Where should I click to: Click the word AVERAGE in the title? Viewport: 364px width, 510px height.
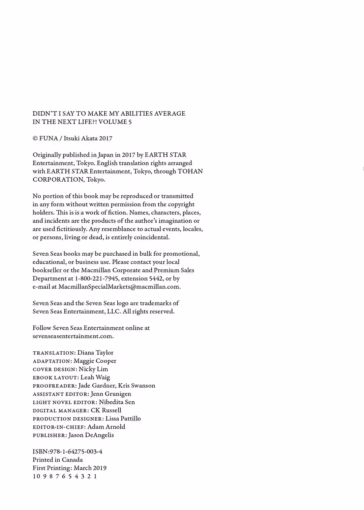click(170, 114)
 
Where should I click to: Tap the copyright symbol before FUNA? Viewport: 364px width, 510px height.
click(35, 139)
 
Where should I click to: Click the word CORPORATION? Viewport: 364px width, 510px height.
click(58, 180)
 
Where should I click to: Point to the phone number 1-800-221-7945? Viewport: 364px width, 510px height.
click(96, 279)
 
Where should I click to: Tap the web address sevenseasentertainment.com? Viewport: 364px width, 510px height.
click(73, 336)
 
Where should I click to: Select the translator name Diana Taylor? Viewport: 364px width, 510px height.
click(95, 353)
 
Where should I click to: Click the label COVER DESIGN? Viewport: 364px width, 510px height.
click(54, 369)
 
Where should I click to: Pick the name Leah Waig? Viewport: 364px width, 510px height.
click(95, 377)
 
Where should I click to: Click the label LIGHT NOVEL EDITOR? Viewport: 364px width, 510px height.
click(64, 402)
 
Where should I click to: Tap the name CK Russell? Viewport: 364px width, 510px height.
click(106, 410)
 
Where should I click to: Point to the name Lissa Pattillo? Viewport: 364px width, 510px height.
click(123, 418)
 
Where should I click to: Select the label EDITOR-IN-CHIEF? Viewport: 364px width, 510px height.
click(58, 427)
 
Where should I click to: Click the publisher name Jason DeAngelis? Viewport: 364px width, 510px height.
click(91, 435)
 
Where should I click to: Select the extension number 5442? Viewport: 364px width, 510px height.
click(156, 279)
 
